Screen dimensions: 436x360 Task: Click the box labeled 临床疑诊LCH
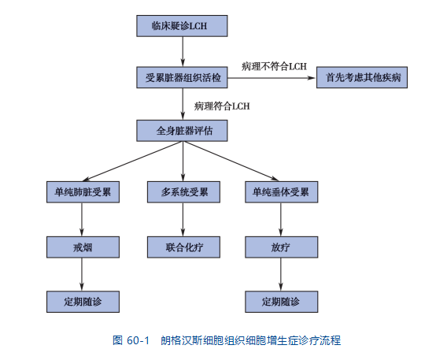point(182,26)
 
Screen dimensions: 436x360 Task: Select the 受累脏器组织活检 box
point(182,77)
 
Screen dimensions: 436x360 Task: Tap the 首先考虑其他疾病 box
point(362,77)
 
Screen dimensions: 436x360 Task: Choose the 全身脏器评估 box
point(182,131)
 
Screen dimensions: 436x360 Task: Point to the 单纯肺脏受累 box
point(83,192)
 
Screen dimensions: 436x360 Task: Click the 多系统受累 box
point(183,192)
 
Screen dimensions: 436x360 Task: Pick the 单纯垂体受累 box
point(282,192)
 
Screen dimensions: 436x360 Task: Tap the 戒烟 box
point(83,247)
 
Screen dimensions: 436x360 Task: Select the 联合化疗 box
point(183,247)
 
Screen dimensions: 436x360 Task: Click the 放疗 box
point(282,247)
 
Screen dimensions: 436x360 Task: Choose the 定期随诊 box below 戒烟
point(83,302)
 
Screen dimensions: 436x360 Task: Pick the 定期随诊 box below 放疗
point(282,302)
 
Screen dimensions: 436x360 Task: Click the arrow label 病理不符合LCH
point(274,66)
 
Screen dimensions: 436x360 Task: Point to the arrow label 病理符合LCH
point(222,106)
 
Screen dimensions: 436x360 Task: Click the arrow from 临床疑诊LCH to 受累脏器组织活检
point(183,51)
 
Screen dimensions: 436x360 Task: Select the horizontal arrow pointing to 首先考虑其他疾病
point(272,78)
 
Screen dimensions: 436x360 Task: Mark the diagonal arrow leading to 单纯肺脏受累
point(133,161)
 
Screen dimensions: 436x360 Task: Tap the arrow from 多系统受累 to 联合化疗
point(183,220)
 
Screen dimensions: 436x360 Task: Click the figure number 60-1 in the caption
point(138,340)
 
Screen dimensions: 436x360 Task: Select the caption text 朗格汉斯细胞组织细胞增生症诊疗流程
point(251,340)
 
